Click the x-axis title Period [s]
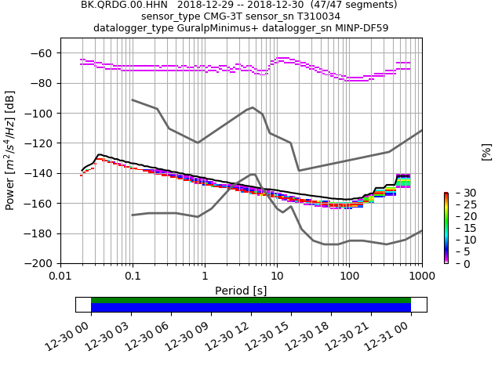[x=241, y=291]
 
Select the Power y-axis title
[x=10, y=150]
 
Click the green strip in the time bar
[x=251, y=300]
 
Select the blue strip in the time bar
[x=251, y=307]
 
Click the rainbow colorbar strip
[x=446, y=227]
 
